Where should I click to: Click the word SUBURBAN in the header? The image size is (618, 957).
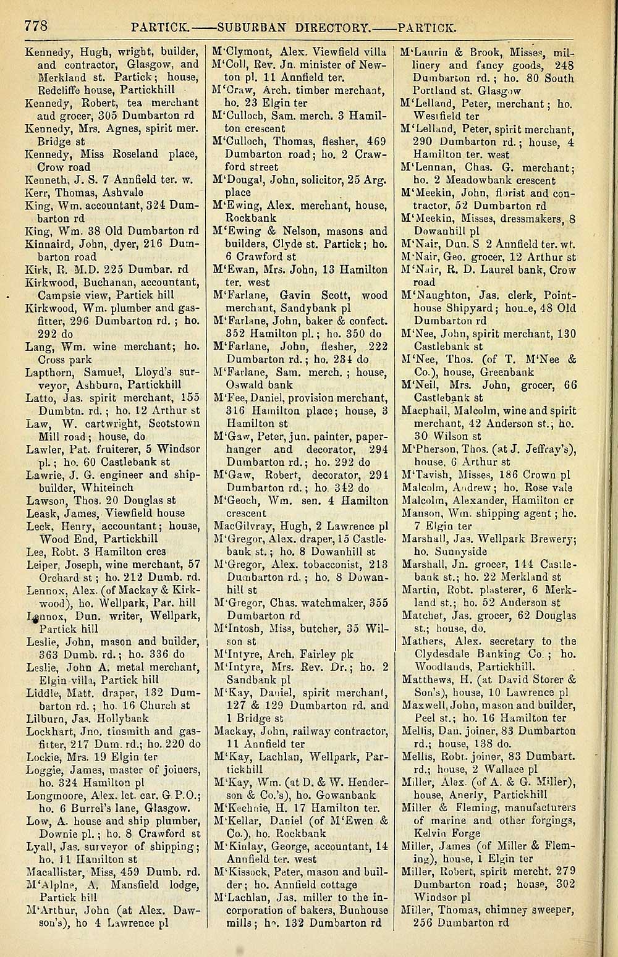pyautogui.click(x=247, y=27)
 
